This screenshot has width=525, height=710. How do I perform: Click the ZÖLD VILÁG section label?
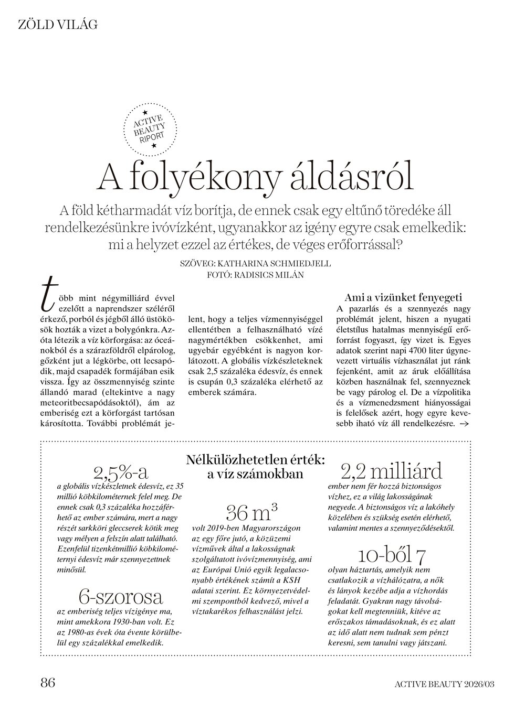click(58, 24)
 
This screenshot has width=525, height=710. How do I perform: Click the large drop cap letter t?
click(48, 298)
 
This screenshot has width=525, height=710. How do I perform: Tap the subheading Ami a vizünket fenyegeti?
click(403, 297)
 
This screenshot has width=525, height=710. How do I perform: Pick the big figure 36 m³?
click(251, 510)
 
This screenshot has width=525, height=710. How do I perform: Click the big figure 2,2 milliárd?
click(391, 470)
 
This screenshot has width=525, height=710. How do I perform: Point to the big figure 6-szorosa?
click(121, 596)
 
